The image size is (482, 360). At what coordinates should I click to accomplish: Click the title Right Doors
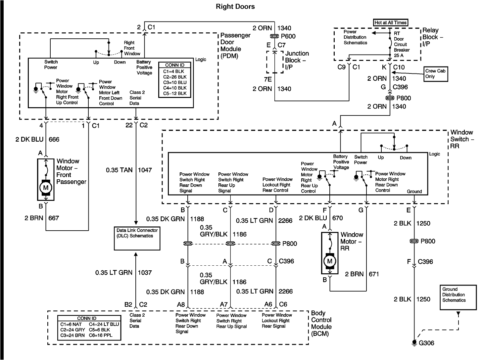235,6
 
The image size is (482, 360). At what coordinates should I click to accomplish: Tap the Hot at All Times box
391,22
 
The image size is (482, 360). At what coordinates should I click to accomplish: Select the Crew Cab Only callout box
436,74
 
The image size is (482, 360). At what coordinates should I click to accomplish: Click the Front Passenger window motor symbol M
46,188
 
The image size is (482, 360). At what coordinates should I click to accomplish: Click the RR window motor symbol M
329,261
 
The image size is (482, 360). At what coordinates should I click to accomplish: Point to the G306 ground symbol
414,342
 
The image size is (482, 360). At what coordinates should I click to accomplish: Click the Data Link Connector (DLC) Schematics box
137,238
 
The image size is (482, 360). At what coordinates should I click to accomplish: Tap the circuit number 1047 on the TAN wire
145,170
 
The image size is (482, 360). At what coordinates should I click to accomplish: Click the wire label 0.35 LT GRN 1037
123,273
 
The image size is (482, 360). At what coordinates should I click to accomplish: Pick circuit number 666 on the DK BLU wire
54,139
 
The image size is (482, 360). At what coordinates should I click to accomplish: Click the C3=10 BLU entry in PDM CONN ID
174,82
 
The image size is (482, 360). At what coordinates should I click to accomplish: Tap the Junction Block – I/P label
297,60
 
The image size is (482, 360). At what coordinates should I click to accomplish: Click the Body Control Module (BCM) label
321,323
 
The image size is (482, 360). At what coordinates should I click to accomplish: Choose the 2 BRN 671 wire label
362,274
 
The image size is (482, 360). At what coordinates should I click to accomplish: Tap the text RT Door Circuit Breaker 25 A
401,44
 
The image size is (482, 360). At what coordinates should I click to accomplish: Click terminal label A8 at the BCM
181,304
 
